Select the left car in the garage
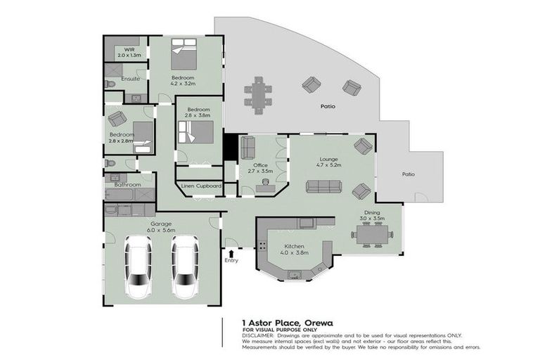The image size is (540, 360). tap(138, 266)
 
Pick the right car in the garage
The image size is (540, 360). tap(185, 266)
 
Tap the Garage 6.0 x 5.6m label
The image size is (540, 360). tap(160, 227)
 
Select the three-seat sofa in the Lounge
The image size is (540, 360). tap(323, 186)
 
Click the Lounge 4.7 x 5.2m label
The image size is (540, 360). tap(330, 162)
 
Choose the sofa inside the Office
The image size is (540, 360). tap(247, 148)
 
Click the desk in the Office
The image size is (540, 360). tap(266, 185)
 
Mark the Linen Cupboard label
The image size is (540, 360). tap(201, 186)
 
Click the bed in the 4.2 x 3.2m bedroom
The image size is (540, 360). tap(184, 53)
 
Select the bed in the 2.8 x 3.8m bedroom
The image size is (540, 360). tap(195, 131)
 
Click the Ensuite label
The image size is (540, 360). tap(130, 79)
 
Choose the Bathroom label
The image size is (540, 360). tap(128, 185)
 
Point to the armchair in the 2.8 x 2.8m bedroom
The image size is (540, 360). tap(117, 119)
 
